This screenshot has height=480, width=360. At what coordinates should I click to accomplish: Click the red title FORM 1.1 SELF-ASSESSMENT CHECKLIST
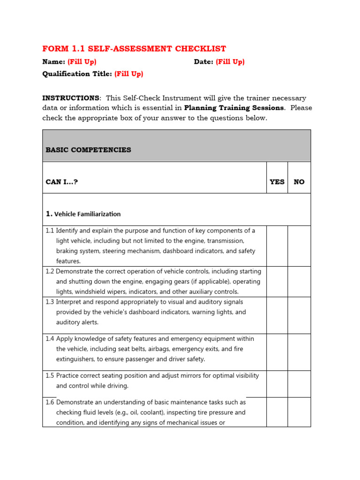coord(134,49)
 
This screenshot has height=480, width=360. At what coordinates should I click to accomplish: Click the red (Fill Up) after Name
coord(82,62)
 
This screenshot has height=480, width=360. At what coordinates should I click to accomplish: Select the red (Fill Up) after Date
coord(230,62)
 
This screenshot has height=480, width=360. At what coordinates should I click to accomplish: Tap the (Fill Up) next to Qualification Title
coord(129,74)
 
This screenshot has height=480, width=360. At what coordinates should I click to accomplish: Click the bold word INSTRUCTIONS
coord(71,98)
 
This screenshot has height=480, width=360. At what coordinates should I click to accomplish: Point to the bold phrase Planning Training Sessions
coord(234,108)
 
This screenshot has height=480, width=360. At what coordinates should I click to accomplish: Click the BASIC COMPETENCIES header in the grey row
coord(88,150)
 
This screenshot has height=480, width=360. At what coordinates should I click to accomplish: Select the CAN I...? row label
coord(61,182)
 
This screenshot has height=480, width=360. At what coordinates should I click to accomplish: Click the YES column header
coord(277,182)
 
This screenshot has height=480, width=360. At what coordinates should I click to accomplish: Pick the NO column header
coord(299,182)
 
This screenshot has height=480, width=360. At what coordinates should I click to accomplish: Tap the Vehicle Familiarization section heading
coord(87,214)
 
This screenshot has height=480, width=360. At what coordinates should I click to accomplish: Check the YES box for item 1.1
coord(277,246)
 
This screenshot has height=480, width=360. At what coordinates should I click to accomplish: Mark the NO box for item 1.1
coord(299,246)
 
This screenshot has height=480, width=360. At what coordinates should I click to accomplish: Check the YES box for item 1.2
coord(277,282)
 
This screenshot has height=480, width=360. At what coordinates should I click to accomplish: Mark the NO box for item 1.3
coord(299,315)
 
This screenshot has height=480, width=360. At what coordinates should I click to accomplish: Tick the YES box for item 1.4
coord(277,352)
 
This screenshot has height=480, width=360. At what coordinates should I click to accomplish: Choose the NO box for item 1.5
coord(299,384)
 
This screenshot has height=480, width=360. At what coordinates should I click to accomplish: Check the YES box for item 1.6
coord(277,412)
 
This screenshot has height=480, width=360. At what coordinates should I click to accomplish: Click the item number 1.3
coord(50,302)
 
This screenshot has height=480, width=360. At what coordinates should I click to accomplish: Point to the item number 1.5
coord(50,376)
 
